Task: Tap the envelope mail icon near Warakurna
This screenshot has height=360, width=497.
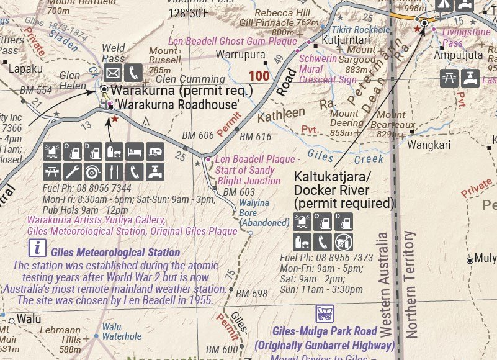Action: pos(112,73)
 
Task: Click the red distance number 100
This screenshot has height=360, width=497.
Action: pos(259,76)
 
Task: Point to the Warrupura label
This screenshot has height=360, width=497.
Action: pos(239,55)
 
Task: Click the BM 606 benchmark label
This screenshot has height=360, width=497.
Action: pos(198,136)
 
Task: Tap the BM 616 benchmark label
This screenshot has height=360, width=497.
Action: pos(256,137)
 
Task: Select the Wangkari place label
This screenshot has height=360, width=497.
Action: pos(429,145)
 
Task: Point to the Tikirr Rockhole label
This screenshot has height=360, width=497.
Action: pos(361,29)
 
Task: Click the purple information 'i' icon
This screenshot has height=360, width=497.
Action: pos(38,249)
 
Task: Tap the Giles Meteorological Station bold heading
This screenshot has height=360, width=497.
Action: pos(115,253)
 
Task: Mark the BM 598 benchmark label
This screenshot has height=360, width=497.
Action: pos(252,294)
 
